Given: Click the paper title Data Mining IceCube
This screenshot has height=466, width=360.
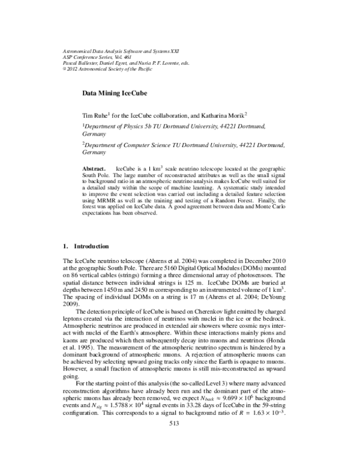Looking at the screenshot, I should (114, 94).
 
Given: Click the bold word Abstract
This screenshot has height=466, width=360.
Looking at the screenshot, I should (94, 170).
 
